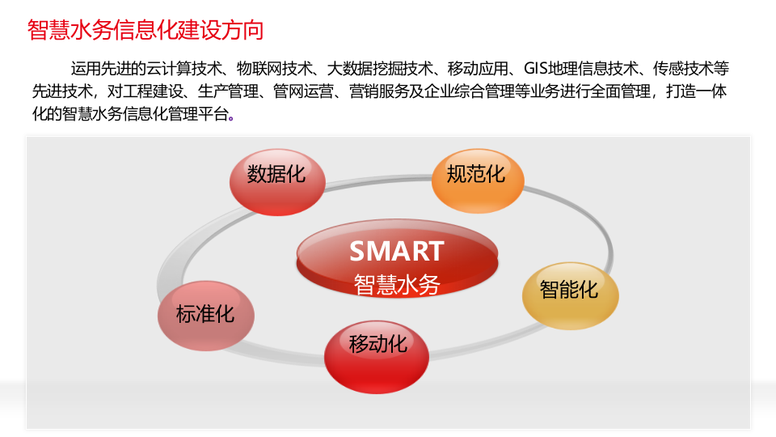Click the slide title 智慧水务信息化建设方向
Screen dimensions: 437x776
tap(145, 31)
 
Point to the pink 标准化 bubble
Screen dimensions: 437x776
tap(205, 313)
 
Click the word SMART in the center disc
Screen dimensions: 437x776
tap(396, 252)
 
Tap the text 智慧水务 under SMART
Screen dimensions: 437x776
tap(396, 285)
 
